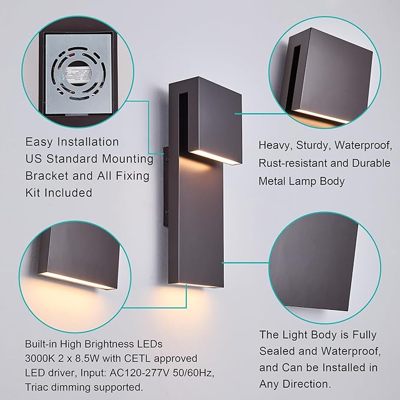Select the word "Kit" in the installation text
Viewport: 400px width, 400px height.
point(34,193)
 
